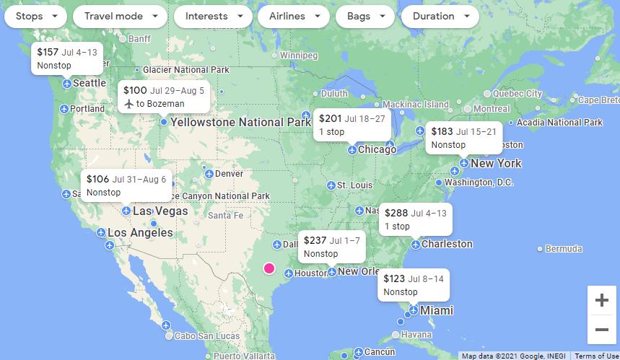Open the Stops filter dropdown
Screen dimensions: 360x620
[35, 17]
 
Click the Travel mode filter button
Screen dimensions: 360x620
[120, 17]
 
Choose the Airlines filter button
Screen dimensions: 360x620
[294, 17]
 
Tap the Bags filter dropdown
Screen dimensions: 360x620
[365, 17]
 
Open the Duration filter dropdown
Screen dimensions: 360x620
[440, 17]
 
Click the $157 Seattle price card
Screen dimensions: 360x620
[66, 58]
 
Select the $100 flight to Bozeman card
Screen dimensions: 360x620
[164, 97]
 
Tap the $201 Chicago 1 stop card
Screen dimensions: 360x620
[352, 125]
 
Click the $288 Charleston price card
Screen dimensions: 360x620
[416, 219]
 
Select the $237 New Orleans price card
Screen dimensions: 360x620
[331, 247]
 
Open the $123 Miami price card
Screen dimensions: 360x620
[414, 285]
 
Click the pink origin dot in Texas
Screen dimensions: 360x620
[269, 268]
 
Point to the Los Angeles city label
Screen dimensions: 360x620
[140, 233]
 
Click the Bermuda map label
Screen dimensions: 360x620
[563, 249]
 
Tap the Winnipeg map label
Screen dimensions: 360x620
[298, 55]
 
